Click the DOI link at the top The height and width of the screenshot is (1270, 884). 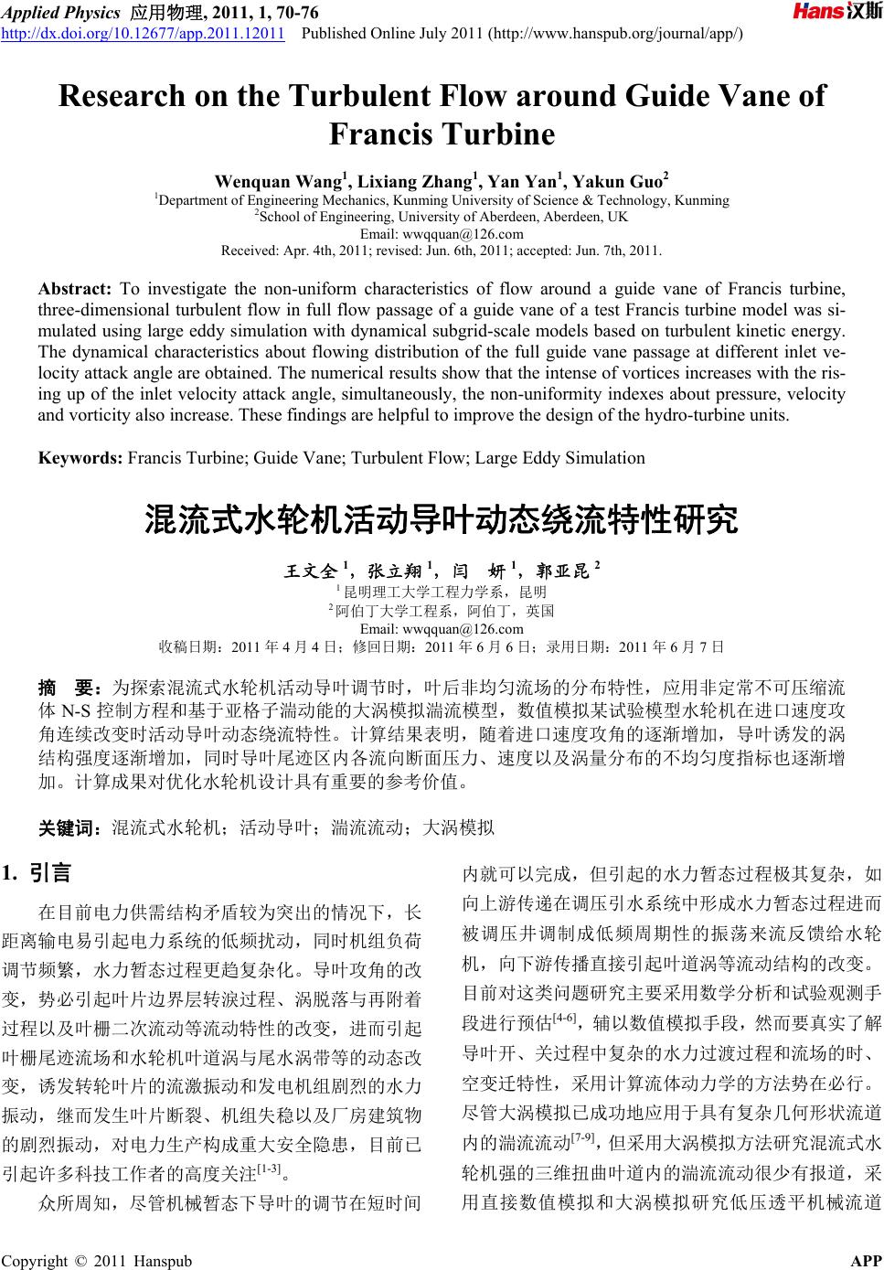[145, 35]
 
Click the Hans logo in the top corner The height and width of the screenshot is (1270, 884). [836, 12]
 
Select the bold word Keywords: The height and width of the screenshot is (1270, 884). [80, 457]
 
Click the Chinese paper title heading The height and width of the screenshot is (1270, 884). [442, 521]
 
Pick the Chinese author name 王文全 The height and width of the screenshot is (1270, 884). [310, 571]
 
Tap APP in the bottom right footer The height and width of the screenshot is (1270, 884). [866, 1261]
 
